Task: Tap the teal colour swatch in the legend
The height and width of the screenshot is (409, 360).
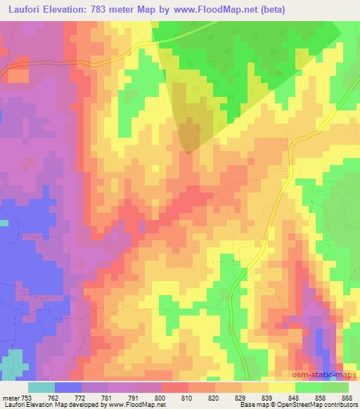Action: click(41, 387)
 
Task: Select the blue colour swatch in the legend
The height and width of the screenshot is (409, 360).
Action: click(68, 387)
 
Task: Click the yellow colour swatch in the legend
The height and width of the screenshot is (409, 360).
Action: click(282, 387)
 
